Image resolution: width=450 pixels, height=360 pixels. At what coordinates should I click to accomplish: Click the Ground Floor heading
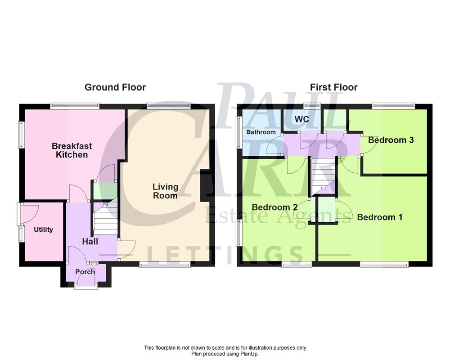[x=115, y=87]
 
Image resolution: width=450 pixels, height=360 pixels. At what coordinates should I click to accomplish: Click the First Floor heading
[x=334, y=87]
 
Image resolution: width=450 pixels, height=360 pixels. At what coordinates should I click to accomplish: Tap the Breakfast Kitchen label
[x=72, y=150]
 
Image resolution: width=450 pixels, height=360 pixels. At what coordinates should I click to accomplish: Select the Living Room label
[x=165, y=191]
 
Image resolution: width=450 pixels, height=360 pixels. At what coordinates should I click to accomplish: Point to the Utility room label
[x=44, y=229]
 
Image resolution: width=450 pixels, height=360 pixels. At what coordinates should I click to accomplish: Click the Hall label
[x=90, y=242]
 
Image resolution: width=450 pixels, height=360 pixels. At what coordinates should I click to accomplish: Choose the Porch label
[x=85, y=272]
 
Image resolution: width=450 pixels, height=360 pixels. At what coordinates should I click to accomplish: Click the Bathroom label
[x=261, y=132]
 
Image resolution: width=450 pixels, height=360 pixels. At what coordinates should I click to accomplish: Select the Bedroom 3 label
[x=391, y=140]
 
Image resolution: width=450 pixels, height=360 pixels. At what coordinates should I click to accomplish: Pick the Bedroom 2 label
[x=274, y=207]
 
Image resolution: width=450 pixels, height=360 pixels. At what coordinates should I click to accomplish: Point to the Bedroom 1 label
[x=379, y=217]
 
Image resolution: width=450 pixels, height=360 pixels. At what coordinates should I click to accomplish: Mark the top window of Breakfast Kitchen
[x=75, y=106]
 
